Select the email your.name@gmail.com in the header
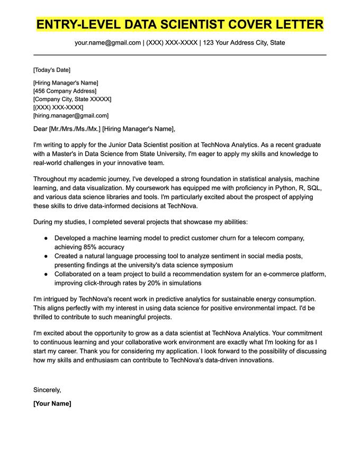(108, 42)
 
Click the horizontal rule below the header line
(180, 55)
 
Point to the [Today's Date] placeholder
(51, 70)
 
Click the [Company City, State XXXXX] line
(72, 99)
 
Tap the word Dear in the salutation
(40, 129)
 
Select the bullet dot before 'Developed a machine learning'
(46, 238)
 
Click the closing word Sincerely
(47, 390)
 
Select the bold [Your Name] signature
(52, 404)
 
